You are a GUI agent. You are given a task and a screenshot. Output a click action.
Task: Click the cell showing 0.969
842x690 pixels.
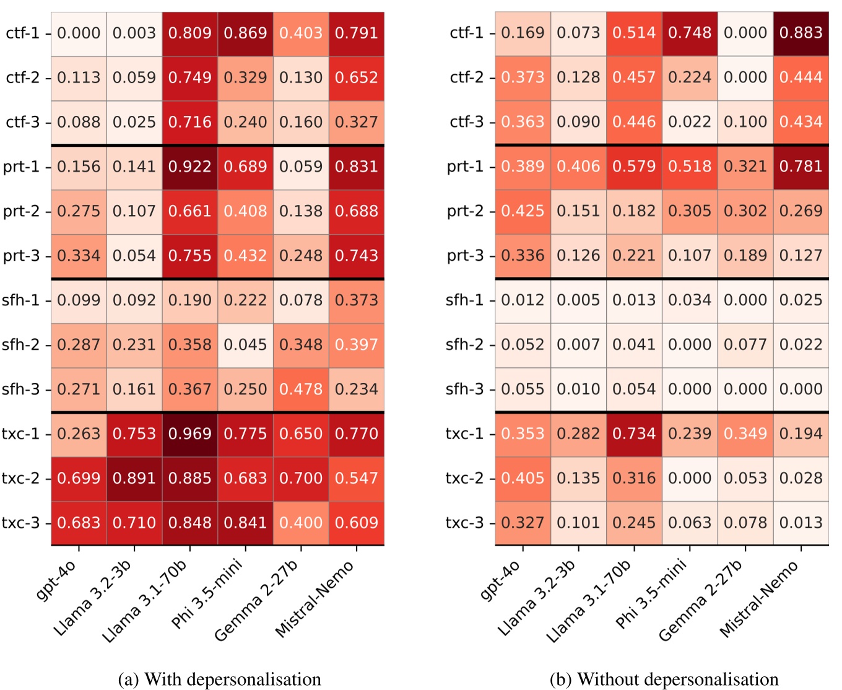pyautogui.click(x=190, y=434)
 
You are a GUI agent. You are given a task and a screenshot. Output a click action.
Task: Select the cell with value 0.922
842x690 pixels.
pyautogui.click(x=190, y=167)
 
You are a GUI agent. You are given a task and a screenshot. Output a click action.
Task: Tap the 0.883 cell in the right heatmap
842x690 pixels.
pyautogui.click(x=801, y=33)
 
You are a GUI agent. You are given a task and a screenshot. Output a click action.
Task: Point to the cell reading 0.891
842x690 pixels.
pyautogui.click(x=134, y=478)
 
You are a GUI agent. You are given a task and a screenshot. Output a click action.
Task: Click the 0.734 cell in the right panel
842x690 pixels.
pyautogui.click(x=634, y=434)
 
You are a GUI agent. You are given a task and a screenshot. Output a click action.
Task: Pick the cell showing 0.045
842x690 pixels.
pyautogui.click(x=245, y=344)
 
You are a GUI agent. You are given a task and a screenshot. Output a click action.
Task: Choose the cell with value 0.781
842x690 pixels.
pyautogui.click(x=801, y=167)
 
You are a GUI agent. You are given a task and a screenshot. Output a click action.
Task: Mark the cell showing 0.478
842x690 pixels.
pyautogui.click(x=301, y=389)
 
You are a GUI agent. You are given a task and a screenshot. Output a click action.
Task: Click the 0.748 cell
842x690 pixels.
pyautogui.click(x=690, y=33)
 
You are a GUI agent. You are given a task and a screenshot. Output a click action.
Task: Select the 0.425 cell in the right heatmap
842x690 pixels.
pyautogui.click(x=523, y=211)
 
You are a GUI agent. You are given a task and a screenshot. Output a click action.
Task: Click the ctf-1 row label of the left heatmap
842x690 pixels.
pyautogui.click(x=22, y=33)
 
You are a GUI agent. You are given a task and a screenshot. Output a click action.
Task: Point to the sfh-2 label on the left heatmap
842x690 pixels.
pyautogui.click(x=20, y=344)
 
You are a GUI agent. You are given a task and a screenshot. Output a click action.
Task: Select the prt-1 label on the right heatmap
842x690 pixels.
pyautogui.click(x=465, y=167)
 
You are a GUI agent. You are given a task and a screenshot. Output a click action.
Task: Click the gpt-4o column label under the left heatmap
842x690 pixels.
pyautogui.click(x=58, y=580)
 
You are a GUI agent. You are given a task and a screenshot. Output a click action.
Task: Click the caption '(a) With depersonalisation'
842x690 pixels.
pyautogui.click(x=219, y=679)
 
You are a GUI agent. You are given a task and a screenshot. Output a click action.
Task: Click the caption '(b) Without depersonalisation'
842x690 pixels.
pyautogui.click(x=664, y=679)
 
